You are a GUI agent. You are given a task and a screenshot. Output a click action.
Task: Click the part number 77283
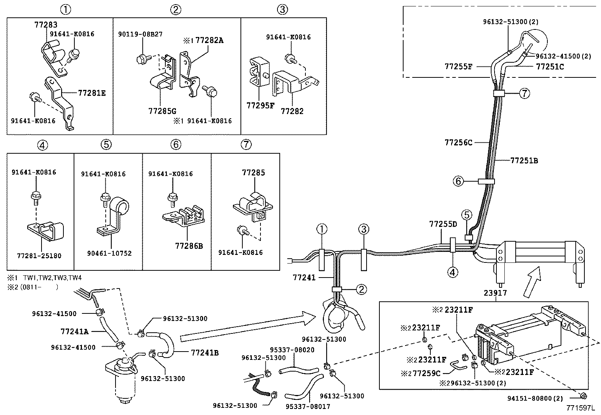[x=46, y=25]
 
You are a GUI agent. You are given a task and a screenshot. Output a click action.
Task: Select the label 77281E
[x=92, y=93]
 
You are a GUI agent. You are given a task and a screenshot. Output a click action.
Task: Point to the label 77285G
[x=162, y=111]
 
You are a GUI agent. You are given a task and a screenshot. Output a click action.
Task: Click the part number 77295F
[x=260, y=105]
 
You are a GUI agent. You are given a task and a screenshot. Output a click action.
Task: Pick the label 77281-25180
[x=39, y=256]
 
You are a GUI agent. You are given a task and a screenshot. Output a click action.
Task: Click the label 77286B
[x=189, y=246]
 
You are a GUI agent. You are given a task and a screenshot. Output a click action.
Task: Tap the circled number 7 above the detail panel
[x=246, y=144]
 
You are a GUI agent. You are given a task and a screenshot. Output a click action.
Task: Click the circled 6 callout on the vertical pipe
[x=458, y=182]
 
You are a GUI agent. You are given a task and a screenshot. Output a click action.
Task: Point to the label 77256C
[x=458, y=142]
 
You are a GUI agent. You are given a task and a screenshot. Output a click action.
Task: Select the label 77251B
[x=524, y=160]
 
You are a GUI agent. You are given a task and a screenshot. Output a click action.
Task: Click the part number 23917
[x=496, y=293]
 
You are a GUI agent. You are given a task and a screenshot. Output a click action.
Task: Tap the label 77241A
[x=74, y=332]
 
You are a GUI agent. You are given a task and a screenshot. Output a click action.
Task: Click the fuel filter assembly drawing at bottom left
[x=122, y=378]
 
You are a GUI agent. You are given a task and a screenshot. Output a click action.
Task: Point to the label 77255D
[x=443, y=224]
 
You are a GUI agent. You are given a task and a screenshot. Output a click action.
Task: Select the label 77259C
[x=426, y=373]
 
